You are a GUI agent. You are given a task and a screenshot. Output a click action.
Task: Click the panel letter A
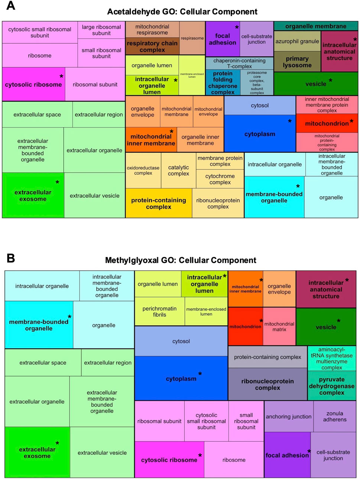[x=11, y=6]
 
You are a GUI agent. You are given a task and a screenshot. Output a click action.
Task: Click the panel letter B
[x=11, y=258]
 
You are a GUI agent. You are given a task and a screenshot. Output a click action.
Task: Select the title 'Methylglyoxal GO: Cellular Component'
[x=181, y=260]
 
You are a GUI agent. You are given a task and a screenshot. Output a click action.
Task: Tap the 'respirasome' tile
[x=192, y=38]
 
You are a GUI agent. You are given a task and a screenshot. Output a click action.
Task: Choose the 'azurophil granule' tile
[x=297, y=41]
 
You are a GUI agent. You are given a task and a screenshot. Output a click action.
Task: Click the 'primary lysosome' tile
[x=297, y=62]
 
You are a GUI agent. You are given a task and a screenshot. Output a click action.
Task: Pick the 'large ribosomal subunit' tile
[x=101, y=30]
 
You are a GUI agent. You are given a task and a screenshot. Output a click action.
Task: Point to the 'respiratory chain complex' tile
[x=152, y=46]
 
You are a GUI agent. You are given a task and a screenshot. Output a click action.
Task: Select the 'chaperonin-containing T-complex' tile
[x=239, y=63]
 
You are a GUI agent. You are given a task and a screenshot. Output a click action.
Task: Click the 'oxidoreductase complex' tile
[x=143, y=171]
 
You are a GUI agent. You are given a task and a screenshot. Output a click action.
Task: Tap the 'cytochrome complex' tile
[x=220, y=179]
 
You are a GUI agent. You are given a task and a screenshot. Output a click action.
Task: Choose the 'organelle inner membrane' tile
[x=200, y=140]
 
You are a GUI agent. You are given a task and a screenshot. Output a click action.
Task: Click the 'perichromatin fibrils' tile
[x=159, y=312]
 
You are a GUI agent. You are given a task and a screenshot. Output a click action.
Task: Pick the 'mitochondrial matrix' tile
[x=279, y=327]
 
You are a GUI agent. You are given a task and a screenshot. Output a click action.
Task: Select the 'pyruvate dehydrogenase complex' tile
[x=331, y=386]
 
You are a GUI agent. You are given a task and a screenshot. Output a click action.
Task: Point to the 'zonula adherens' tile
[x=334, y=416]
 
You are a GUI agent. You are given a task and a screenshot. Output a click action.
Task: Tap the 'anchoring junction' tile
[x=289, y=416]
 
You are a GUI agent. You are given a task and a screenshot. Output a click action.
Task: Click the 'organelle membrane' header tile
[x=316, y=26]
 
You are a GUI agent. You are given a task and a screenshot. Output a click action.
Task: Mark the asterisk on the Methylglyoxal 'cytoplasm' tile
[x=200, y=374]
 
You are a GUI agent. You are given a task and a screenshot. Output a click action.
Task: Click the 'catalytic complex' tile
[x=178, y=171]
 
